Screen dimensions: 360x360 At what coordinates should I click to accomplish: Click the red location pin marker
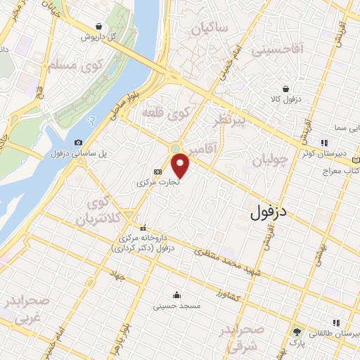tap(181, 166)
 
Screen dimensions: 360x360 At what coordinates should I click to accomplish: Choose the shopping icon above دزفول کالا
tap(286, 89)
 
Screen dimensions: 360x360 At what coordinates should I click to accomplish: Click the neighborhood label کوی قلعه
tap(166, 112)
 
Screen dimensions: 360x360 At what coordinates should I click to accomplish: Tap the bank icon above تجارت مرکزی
tap(158, 171)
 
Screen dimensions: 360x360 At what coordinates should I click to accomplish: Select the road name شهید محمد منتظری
tap(230, 262)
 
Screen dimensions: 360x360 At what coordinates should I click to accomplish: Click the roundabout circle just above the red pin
tap(175, 148)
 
